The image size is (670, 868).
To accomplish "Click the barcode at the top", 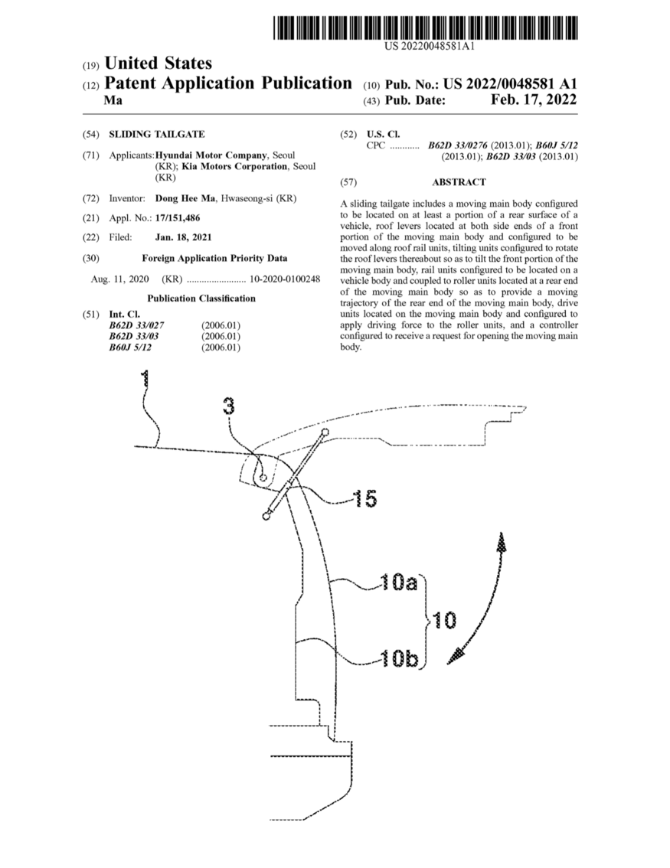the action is (x=426, y=28).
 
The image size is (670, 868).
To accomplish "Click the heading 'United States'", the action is (x=158, y=63).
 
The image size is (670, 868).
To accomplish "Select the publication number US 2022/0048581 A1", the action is (x=510, y=83).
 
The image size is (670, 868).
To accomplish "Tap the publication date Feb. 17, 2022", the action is (x=534, y=100).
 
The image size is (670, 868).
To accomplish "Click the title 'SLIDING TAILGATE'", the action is (x=157, y=134).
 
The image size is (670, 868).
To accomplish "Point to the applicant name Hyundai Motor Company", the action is (x=211, y=155).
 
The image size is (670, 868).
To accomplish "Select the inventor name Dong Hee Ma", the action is (x=187, y=198).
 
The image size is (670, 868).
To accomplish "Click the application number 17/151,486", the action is (x=177, y=218).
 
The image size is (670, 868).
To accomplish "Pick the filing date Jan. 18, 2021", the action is (x=183, y=237).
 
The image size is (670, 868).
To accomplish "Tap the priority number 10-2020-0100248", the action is (x=285, y=279).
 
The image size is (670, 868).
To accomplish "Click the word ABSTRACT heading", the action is (x=459, y=182).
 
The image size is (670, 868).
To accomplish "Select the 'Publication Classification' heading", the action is (x=201, y=299).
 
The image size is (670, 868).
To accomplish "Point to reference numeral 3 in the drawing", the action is (x=229, y=406).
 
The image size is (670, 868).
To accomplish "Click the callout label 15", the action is (x=365, y=499).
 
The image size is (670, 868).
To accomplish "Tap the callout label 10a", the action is (x=399, y=582).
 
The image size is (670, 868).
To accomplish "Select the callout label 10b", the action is (x=399, y=658).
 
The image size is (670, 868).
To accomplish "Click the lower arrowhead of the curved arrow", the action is (x=456, y=655).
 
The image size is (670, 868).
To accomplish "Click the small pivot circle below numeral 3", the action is (x=263, y=477).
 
